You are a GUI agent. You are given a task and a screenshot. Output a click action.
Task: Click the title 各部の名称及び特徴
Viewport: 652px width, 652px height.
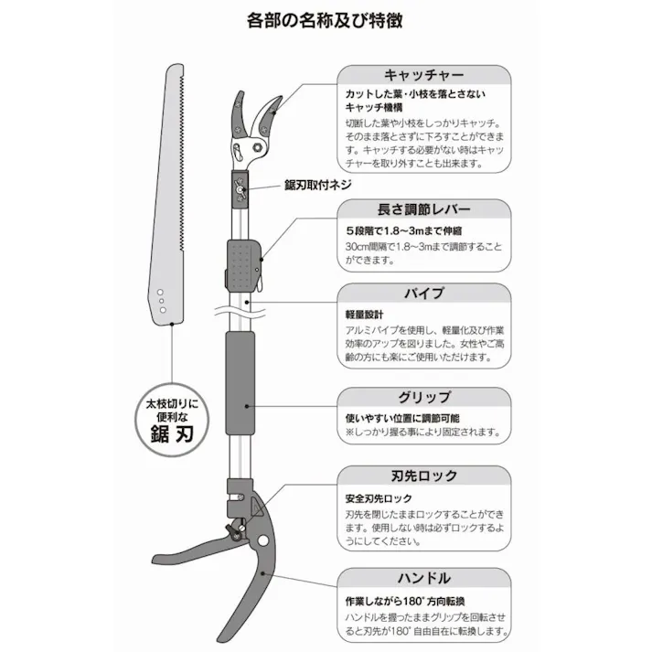[x=326, y=18]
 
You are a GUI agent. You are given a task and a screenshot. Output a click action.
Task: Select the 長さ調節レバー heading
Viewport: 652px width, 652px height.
[x=422, y=209]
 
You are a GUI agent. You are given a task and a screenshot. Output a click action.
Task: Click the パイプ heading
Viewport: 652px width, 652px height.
[x=423, y=294]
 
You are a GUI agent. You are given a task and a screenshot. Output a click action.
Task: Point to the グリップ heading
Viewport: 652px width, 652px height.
[x=423, y=397]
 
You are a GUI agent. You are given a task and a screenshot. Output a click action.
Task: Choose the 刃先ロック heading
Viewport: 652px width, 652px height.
[x=422, y=476]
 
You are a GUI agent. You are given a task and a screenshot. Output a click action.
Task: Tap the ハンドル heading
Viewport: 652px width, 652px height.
[x=423, y=578]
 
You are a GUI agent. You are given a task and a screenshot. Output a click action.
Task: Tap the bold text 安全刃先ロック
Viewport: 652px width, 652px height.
[x=379, y=499]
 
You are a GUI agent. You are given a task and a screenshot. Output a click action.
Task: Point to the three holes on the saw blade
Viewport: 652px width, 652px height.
[x=160, y=299]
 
